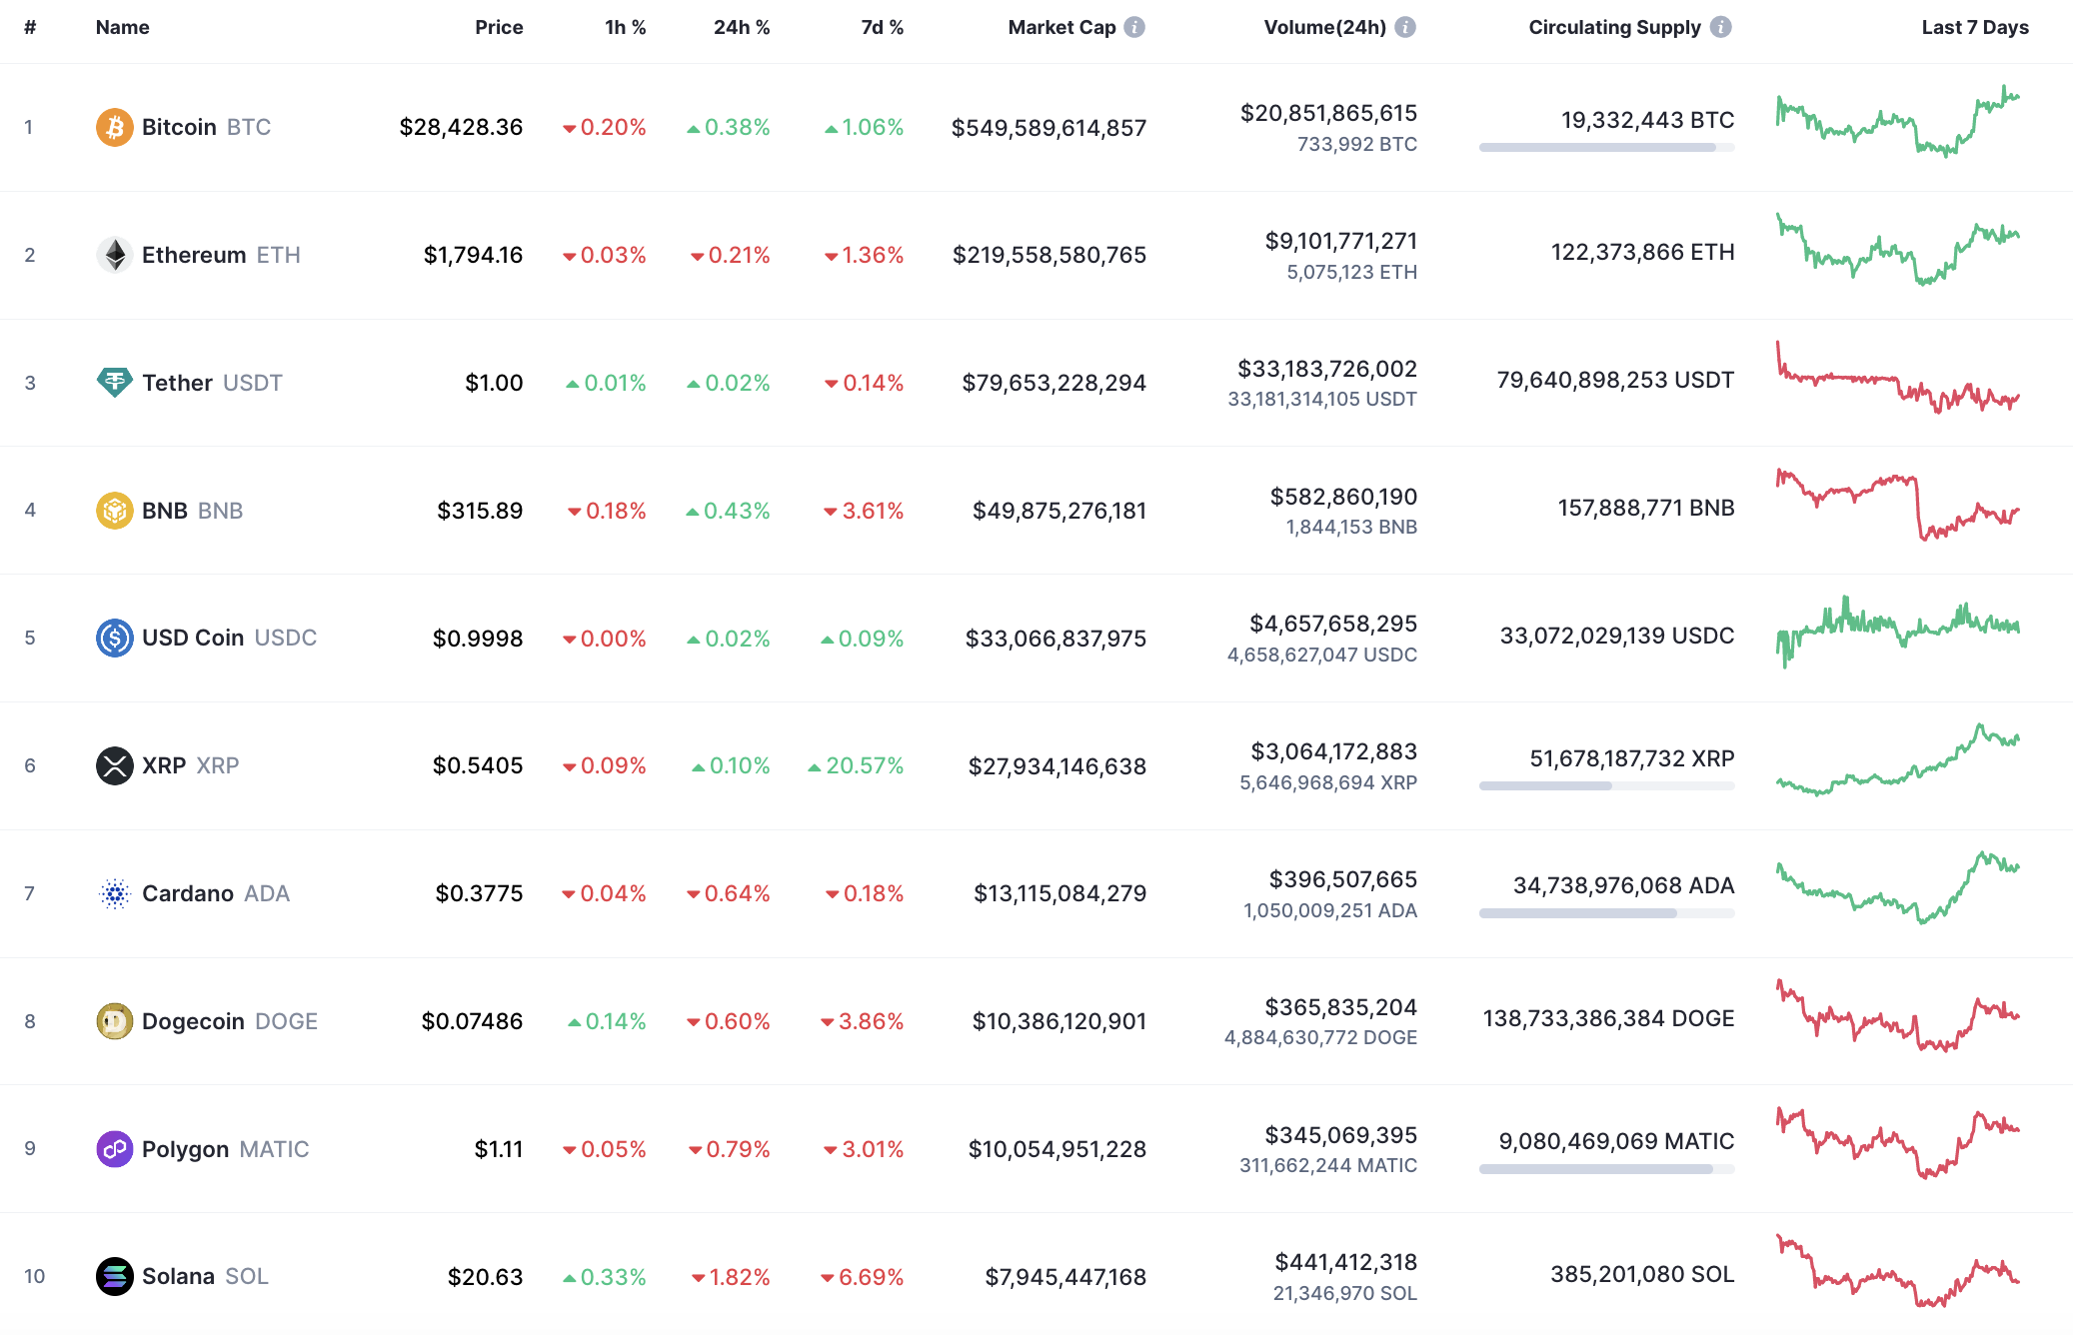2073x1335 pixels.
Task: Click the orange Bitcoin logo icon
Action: pos(114,127)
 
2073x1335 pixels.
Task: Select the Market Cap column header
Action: pos(1060,27)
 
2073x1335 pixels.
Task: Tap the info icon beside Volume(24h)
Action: pos(1404,27)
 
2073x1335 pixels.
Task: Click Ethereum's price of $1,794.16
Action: pos(473,255)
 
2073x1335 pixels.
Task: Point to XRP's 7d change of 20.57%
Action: pos(864,765)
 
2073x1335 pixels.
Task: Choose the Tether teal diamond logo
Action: pos(114,382)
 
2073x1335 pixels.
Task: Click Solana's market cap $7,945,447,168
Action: pos(1064,1276)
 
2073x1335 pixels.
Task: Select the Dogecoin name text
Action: pos(193,1021)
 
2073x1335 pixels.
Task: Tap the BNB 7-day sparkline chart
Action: pos(1896,505)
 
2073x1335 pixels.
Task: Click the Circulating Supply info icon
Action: pos(1720,27)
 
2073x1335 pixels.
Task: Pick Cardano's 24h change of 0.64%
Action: pos(736,893)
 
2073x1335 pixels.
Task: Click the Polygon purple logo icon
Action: pos(114,1149)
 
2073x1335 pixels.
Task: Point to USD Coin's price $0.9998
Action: pos(477,638)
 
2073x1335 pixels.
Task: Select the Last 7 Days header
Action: pos(1974,27)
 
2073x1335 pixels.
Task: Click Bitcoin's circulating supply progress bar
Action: pos(1605,147)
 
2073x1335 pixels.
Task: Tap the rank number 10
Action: pos(34,1276)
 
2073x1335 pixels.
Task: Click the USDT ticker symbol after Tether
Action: pos(252,383)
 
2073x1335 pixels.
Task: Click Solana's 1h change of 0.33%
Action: pos(612,1277)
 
